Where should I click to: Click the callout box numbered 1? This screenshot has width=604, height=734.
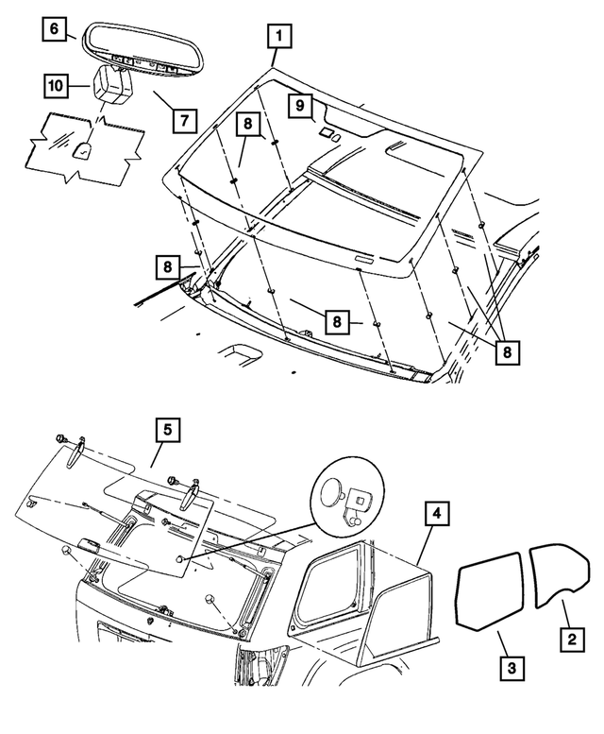point(278,37)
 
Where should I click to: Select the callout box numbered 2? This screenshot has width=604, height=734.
point(569,639)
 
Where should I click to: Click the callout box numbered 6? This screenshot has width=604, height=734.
point(54,29)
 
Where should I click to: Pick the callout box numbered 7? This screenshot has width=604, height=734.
point(183,121)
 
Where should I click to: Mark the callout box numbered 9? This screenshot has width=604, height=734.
point(295,104)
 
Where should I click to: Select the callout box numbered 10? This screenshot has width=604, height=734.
point(54,85)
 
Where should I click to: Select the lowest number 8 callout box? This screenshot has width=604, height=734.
point(509,351)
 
